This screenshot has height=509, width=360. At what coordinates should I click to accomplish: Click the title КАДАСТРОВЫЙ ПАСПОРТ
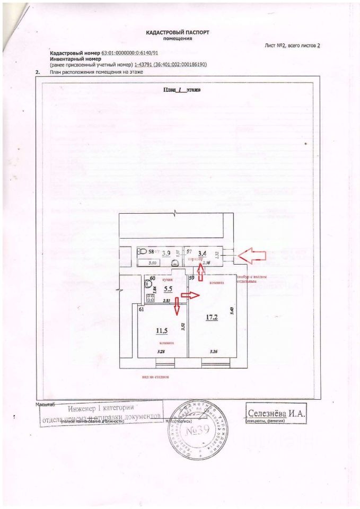[x=177, y=32]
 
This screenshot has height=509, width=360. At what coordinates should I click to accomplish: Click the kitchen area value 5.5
[x=168, y=289]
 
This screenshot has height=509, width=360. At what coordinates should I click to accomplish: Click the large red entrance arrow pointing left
[x=251, y=256]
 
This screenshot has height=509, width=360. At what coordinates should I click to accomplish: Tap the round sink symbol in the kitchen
[x=147, y=283]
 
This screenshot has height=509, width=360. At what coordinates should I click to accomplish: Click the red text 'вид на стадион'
[x=155, y=377]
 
